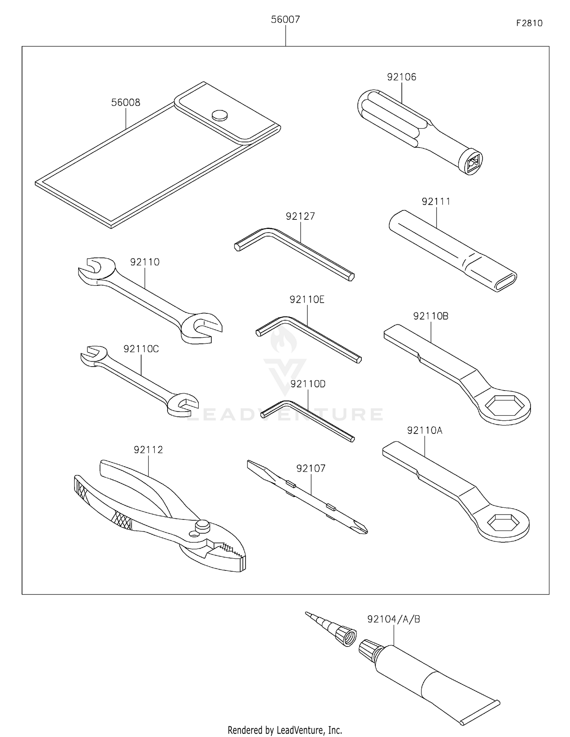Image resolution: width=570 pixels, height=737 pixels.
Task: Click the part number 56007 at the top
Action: point(285,19)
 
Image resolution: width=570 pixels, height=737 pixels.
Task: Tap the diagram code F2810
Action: point(529,23)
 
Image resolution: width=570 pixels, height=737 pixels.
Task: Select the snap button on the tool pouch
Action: point(220,115)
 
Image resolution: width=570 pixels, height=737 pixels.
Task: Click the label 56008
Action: point(125,102)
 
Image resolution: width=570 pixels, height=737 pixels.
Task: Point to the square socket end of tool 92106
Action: point(471,162)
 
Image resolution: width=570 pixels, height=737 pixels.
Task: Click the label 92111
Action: point(436,202)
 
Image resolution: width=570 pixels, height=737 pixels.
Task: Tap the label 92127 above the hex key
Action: point(300,216)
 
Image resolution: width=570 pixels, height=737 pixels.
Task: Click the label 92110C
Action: point(141,349)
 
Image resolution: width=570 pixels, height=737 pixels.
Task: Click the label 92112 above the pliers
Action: point(148,450)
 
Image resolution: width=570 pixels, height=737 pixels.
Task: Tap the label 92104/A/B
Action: point(393,619)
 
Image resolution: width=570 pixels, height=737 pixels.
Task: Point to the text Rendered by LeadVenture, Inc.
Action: point(285,730)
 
